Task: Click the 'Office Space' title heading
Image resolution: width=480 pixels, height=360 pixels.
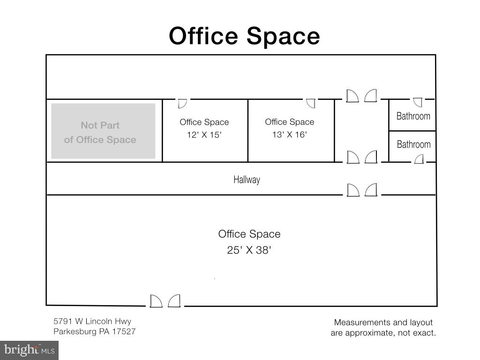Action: coord(244,37)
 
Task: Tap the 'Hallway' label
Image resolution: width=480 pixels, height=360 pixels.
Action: coord(247,180)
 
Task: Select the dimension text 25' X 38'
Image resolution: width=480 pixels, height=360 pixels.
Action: coord(249,250)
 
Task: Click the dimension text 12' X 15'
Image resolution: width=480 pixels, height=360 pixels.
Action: coord(204,135)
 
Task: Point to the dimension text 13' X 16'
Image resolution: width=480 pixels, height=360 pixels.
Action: coord(290,135)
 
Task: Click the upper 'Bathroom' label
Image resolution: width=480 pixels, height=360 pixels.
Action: coord(413,116)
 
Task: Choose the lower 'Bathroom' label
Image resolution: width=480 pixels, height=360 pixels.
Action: coord(413,144)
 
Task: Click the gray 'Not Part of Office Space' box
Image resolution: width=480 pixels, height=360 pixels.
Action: coord(103,131)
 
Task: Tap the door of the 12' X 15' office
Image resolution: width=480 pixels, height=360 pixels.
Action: coord(182,104)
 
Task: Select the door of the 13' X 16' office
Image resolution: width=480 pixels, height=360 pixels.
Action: coord(311,103)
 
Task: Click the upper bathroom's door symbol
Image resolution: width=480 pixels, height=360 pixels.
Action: coord(418,102)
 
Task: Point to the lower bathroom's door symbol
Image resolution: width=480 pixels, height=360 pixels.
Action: coord(419,159)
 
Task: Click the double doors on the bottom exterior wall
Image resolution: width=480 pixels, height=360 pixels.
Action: coord(165,301)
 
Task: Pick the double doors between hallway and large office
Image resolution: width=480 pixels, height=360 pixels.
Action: coord(362,190)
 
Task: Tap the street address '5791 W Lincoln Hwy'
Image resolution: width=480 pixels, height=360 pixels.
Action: coord(92,321)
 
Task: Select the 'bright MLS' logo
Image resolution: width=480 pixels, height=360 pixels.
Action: coord(30,350)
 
